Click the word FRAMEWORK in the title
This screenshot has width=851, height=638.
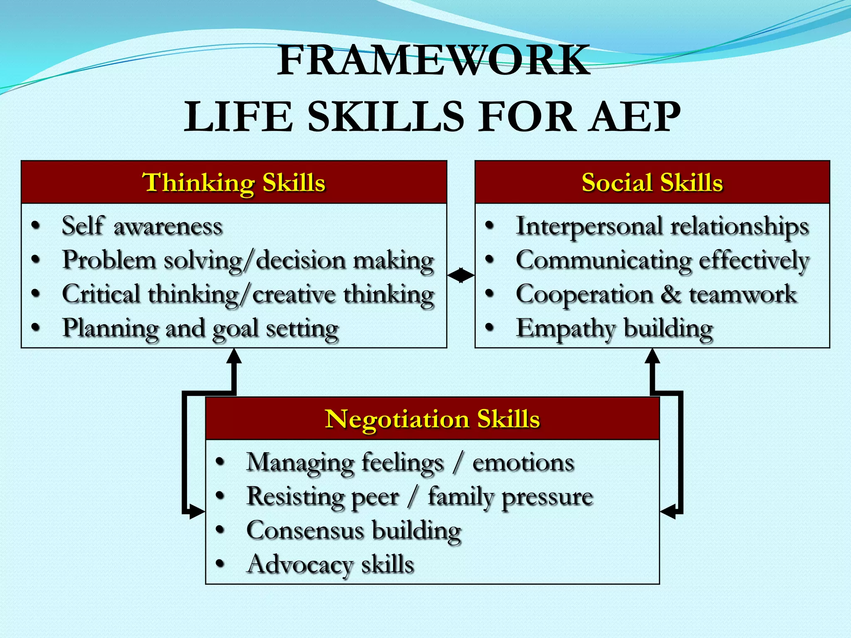tap(433, 61)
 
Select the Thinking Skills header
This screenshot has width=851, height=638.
tap(234, 182)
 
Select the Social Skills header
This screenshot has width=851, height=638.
tap(652, 182)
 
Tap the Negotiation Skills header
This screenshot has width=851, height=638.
tap(432, 419)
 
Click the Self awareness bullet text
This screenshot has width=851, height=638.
tap(142, 226)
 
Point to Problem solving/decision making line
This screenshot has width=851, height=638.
tap(248, 261)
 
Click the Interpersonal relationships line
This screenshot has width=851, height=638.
tap(662, 227)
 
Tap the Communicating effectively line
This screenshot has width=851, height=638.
tap(662, 261)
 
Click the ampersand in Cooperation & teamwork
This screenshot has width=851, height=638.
tap(670, 294)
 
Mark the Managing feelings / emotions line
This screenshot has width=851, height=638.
tap(410, 463)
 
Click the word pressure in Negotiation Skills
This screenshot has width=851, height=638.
tap(547, 497)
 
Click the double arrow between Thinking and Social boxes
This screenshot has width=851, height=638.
tap(461, 275)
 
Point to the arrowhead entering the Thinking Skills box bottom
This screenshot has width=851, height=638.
tap(234, 356)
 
